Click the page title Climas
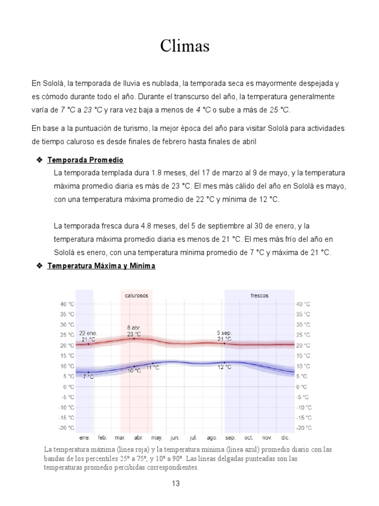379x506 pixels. (x=185, y=46)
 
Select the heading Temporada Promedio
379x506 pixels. (x=85, y=161)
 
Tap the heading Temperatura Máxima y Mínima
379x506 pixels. (x=101, y=266)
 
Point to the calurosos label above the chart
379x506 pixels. (x=136, y=295)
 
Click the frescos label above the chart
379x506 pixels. (x=260, y=295)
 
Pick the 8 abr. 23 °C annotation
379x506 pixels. (x=134, y=331)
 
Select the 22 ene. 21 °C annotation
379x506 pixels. (x=88, y=336)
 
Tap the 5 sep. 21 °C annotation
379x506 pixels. (x=224, y=336)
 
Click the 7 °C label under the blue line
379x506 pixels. (x=88, y=377)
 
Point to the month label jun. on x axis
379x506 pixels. (x=175, y=438)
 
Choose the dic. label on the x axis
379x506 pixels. (x=285, y=438)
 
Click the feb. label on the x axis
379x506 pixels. (x=103, y=438)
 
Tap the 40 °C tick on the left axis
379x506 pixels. (x=68, y=304)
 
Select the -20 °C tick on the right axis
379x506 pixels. (x=303, y=428)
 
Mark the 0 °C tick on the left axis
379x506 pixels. (x=70, y=386)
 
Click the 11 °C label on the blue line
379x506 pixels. (x=152, y=368)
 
